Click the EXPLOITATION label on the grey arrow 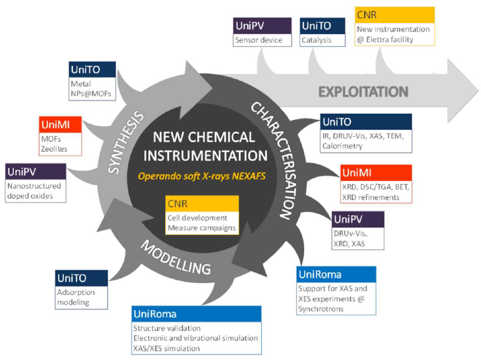[x=363, y=91]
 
